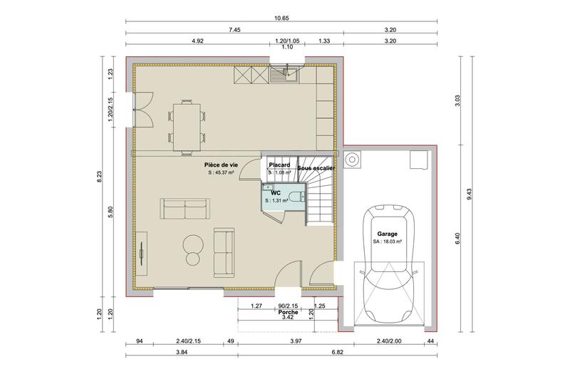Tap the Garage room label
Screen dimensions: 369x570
point(388,234)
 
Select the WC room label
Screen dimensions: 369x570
point(275,192)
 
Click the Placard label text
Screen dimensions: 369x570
point(279,165)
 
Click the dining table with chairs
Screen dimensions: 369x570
point(187,125)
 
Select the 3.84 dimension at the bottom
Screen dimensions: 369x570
point(181,352)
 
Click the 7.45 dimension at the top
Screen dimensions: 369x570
point(234,30)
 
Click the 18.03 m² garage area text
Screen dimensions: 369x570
point(388,241)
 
